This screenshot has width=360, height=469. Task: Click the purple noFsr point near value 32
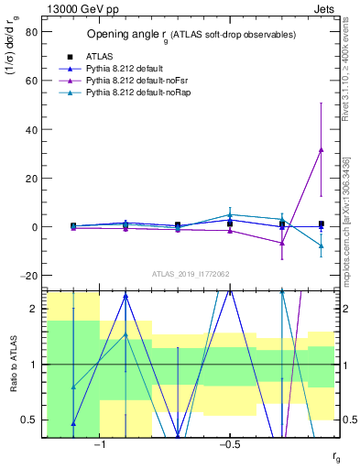(321, 149)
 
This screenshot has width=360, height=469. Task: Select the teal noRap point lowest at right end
(321, 245)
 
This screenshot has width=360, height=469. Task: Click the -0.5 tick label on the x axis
(229, 442)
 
